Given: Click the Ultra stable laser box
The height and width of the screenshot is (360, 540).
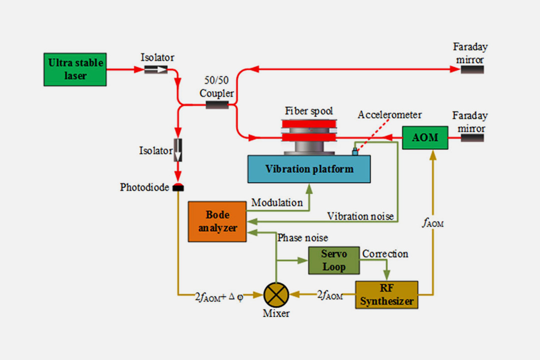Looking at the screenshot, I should pos(75,69).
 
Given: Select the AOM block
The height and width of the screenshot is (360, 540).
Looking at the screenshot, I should pos(425,137).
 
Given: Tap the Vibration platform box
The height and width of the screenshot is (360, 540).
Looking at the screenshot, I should pos(309,169).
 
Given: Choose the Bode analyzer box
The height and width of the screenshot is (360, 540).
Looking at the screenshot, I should pos(217,221).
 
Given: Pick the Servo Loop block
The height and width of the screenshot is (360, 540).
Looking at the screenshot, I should pos(333,260).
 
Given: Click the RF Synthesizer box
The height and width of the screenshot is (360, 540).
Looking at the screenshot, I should pos(386,294).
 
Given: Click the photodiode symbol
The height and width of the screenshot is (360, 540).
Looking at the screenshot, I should pos(178,187).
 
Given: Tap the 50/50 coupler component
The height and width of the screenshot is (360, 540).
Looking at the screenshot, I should pos(217,104).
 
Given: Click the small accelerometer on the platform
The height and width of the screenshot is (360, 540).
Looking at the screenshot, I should pos(355,151).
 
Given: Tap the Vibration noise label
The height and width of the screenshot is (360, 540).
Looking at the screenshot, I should pos(360,216).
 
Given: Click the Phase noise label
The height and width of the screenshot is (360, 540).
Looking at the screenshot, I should pos(303,237).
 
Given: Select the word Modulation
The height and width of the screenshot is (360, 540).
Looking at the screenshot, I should pos(276,202).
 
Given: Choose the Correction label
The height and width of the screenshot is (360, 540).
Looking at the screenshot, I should pos(385,254).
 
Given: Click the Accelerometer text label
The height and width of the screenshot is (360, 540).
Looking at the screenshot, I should pos(389,115).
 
